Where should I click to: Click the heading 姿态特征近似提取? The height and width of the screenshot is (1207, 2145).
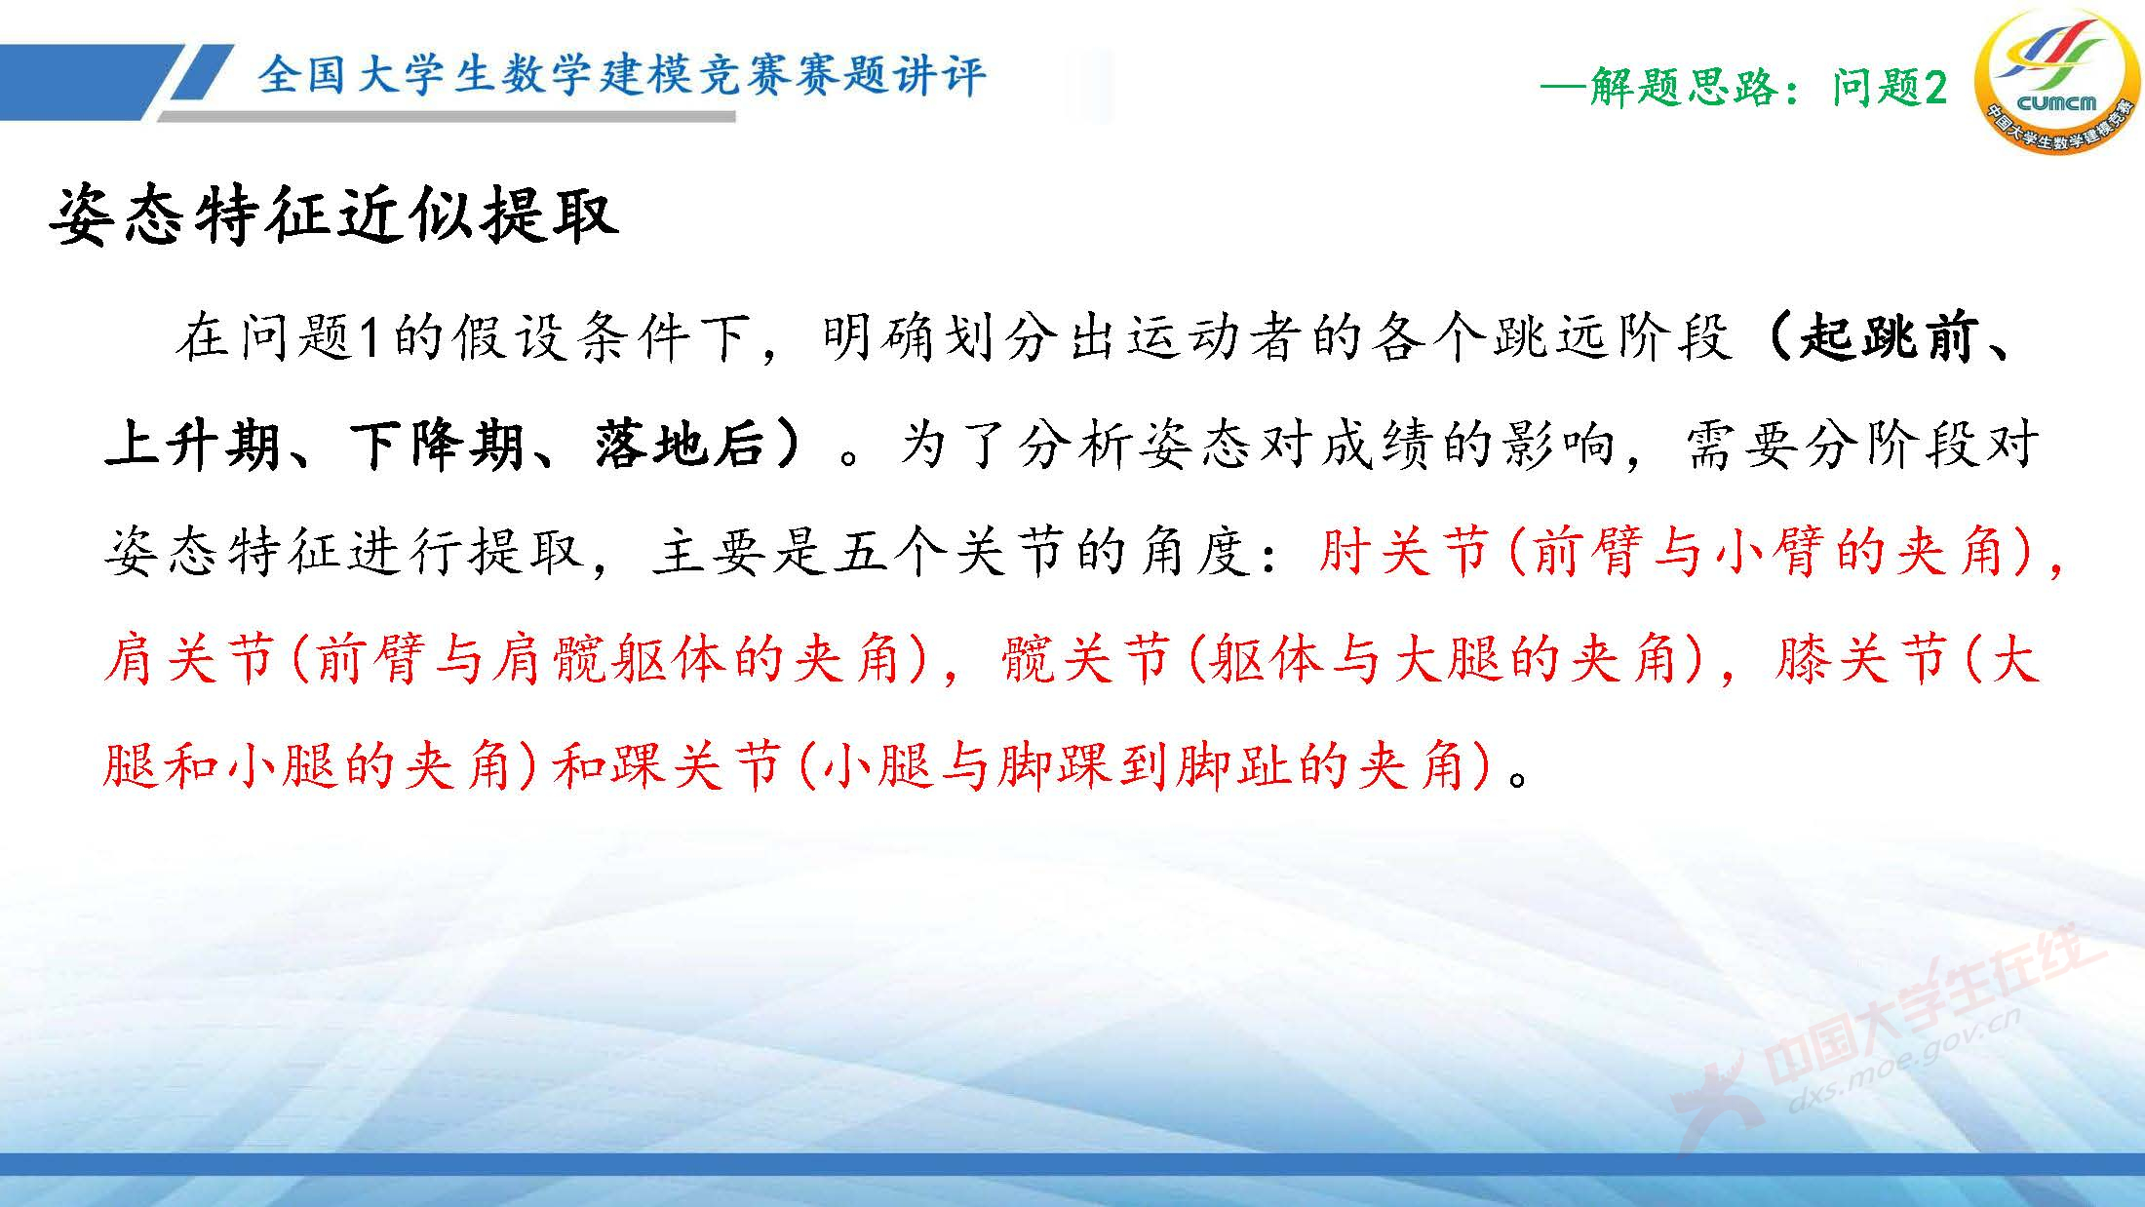click(x=333, y=215)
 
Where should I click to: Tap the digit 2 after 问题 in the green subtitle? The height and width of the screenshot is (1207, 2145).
click(x=1935, y=89)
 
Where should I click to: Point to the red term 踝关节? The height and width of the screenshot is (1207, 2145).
click(x=698, y=765)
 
